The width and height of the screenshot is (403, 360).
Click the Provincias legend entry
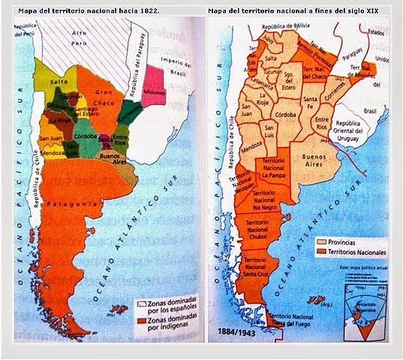coord(338,243)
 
